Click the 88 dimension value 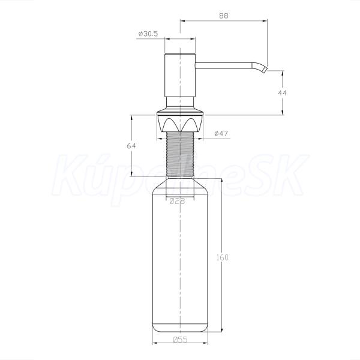point(224,16)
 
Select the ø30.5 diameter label point(148,34)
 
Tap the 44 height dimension point(282,93)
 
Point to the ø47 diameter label point(221,133)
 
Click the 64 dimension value point(131,146)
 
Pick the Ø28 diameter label point(177,201)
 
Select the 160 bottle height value point(223,257)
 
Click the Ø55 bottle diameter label point(180,340)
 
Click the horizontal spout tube point(223,65)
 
